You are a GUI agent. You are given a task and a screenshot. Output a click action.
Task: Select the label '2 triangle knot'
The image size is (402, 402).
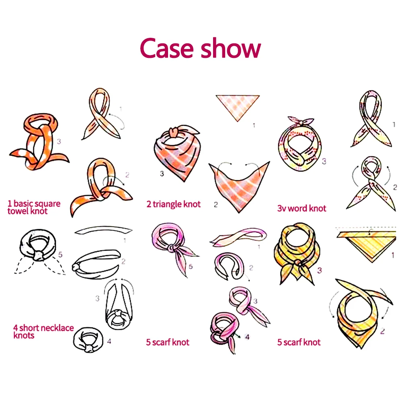[173, 204]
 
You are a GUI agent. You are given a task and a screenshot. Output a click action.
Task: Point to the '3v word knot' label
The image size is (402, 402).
[301, 208]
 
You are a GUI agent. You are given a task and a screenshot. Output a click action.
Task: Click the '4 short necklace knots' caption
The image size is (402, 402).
[43, 331]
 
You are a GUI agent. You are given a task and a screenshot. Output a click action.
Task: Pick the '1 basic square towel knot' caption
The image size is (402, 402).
[34, 207]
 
